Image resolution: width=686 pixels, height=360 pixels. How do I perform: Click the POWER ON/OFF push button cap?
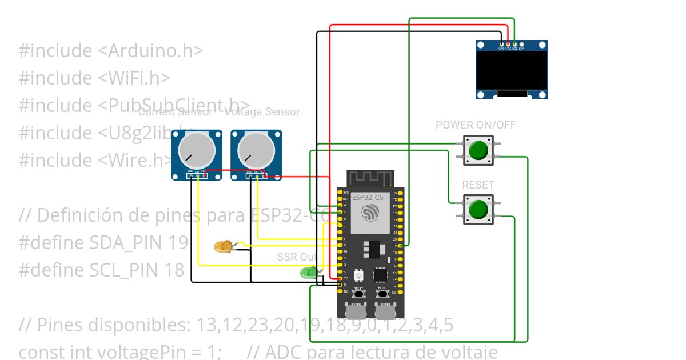[x=478, y=150]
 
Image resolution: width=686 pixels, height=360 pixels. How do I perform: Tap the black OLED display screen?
[x=512, y=70]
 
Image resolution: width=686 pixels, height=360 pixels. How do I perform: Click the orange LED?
[x=222, y=247]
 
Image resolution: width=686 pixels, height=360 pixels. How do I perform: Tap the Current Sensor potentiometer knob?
[x=196, y=150]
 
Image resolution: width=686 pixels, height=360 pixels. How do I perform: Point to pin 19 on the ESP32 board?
[x=401, y=245]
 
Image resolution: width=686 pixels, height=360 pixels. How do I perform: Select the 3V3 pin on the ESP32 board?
[x=340, y=193]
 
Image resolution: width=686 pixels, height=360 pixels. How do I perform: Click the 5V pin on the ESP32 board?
[x=340, y=278]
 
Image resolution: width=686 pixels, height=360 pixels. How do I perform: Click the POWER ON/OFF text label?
[x=476, y=125]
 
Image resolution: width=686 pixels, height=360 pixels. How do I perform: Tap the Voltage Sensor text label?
[x=262, y=112]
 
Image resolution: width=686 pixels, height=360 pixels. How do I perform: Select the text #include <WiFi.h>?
[x=94, y=78]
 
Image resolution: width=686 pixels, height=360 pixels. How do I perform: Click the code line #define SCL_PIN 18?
[x=102, y=270]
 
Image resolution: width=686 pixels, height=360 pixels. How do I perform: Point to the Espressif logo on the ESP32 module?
[x=370, y=214]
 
